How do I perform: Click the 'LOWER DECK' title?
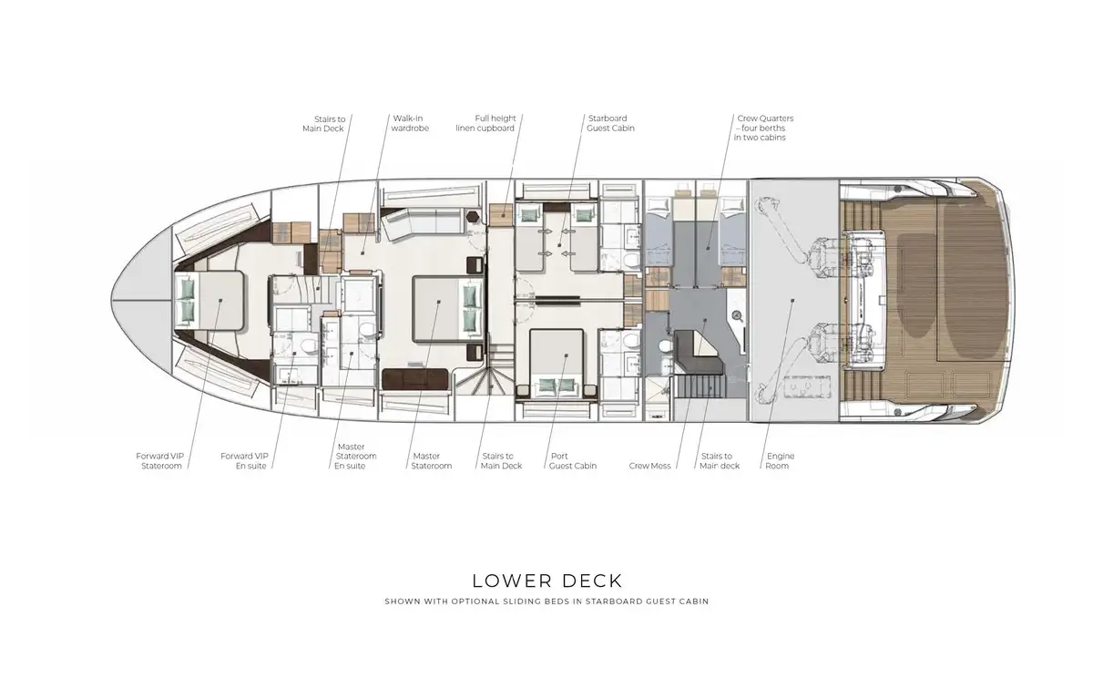pos(547,581)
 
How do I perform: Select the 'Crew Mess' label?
pos(649,466)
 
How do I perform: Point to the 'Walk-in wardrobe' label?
pos(410,123)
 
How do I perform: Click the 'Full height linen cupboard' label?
pos(485,123)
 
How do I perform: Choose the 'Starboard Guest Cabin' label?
pos(610,123)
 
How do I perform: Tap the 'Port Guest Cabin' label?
pos(572,461)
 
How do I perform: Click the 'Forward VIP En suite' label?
pos(244,461)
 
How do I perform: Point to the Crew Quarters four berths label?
pos(764,128)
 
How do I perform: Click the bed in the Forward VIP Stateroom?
pos(209,300)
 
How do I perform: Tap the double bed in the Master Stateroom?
pos(447,308)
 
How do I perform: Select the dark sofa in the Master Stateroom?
pos(415,379)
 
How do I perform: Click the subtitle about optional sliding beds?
pos(546,602)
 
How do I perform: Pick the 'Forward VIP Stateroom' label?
pos(160,461)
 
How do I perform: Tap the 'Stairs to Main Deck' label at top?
pos(323,124)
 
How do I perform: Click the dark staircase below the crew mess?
pos(701,387)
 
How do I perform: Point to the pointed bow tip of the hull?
pos(111,300)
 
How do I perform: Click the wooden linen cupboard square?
pos(501,214)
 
